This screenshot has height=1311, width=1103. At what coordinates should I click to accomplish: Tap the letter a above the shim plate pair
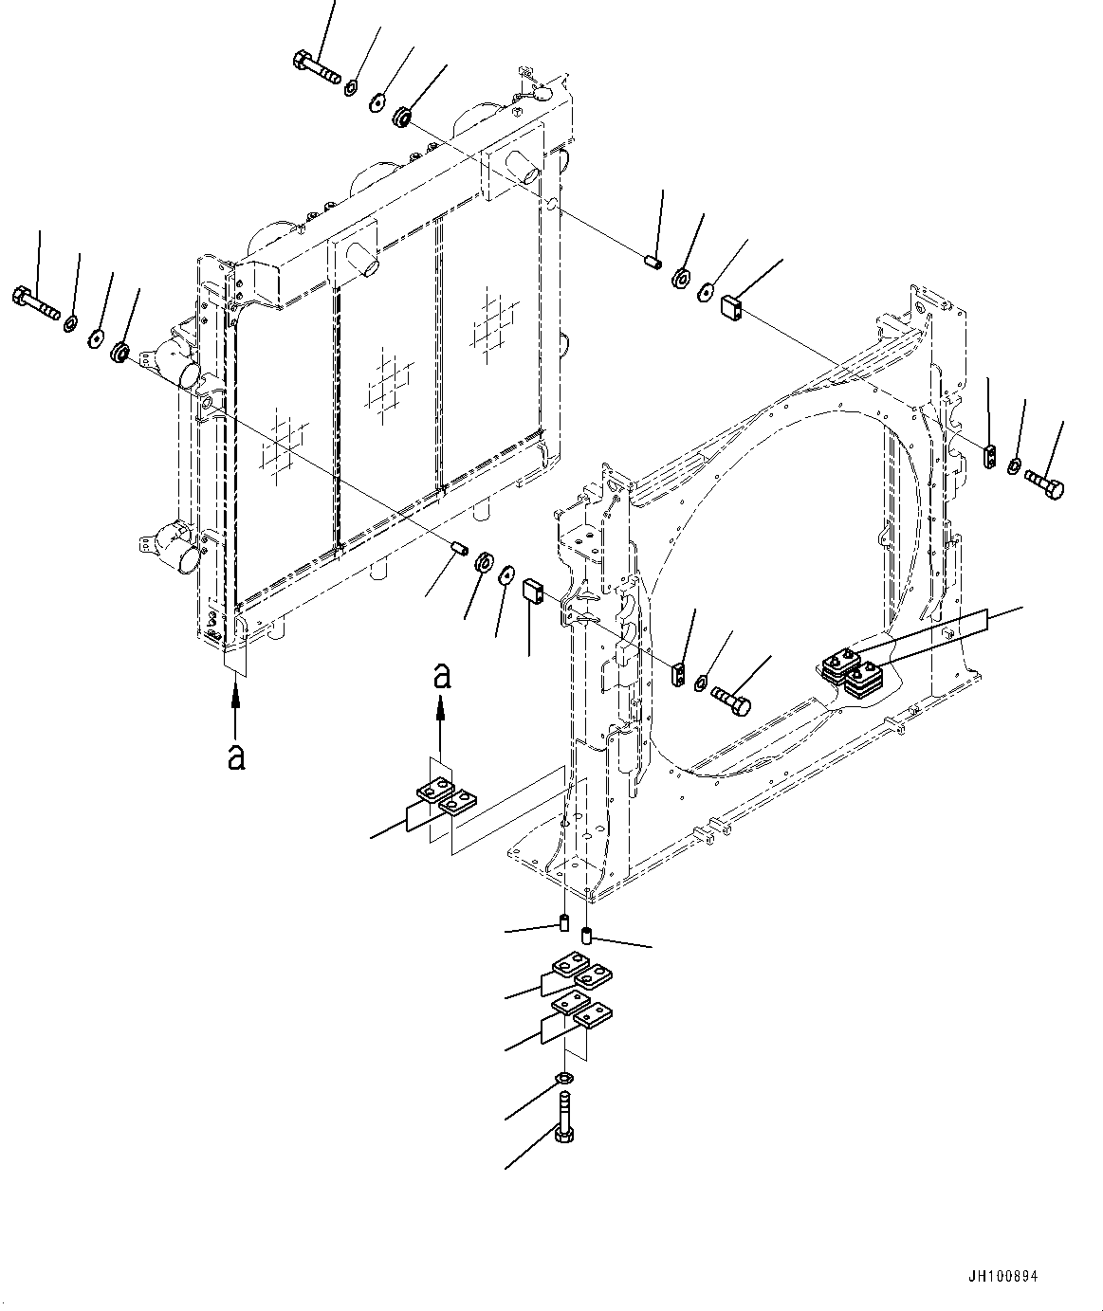441,676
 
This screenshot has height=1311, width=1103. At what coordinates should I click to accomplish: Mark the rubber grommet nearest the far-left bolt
120,353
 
